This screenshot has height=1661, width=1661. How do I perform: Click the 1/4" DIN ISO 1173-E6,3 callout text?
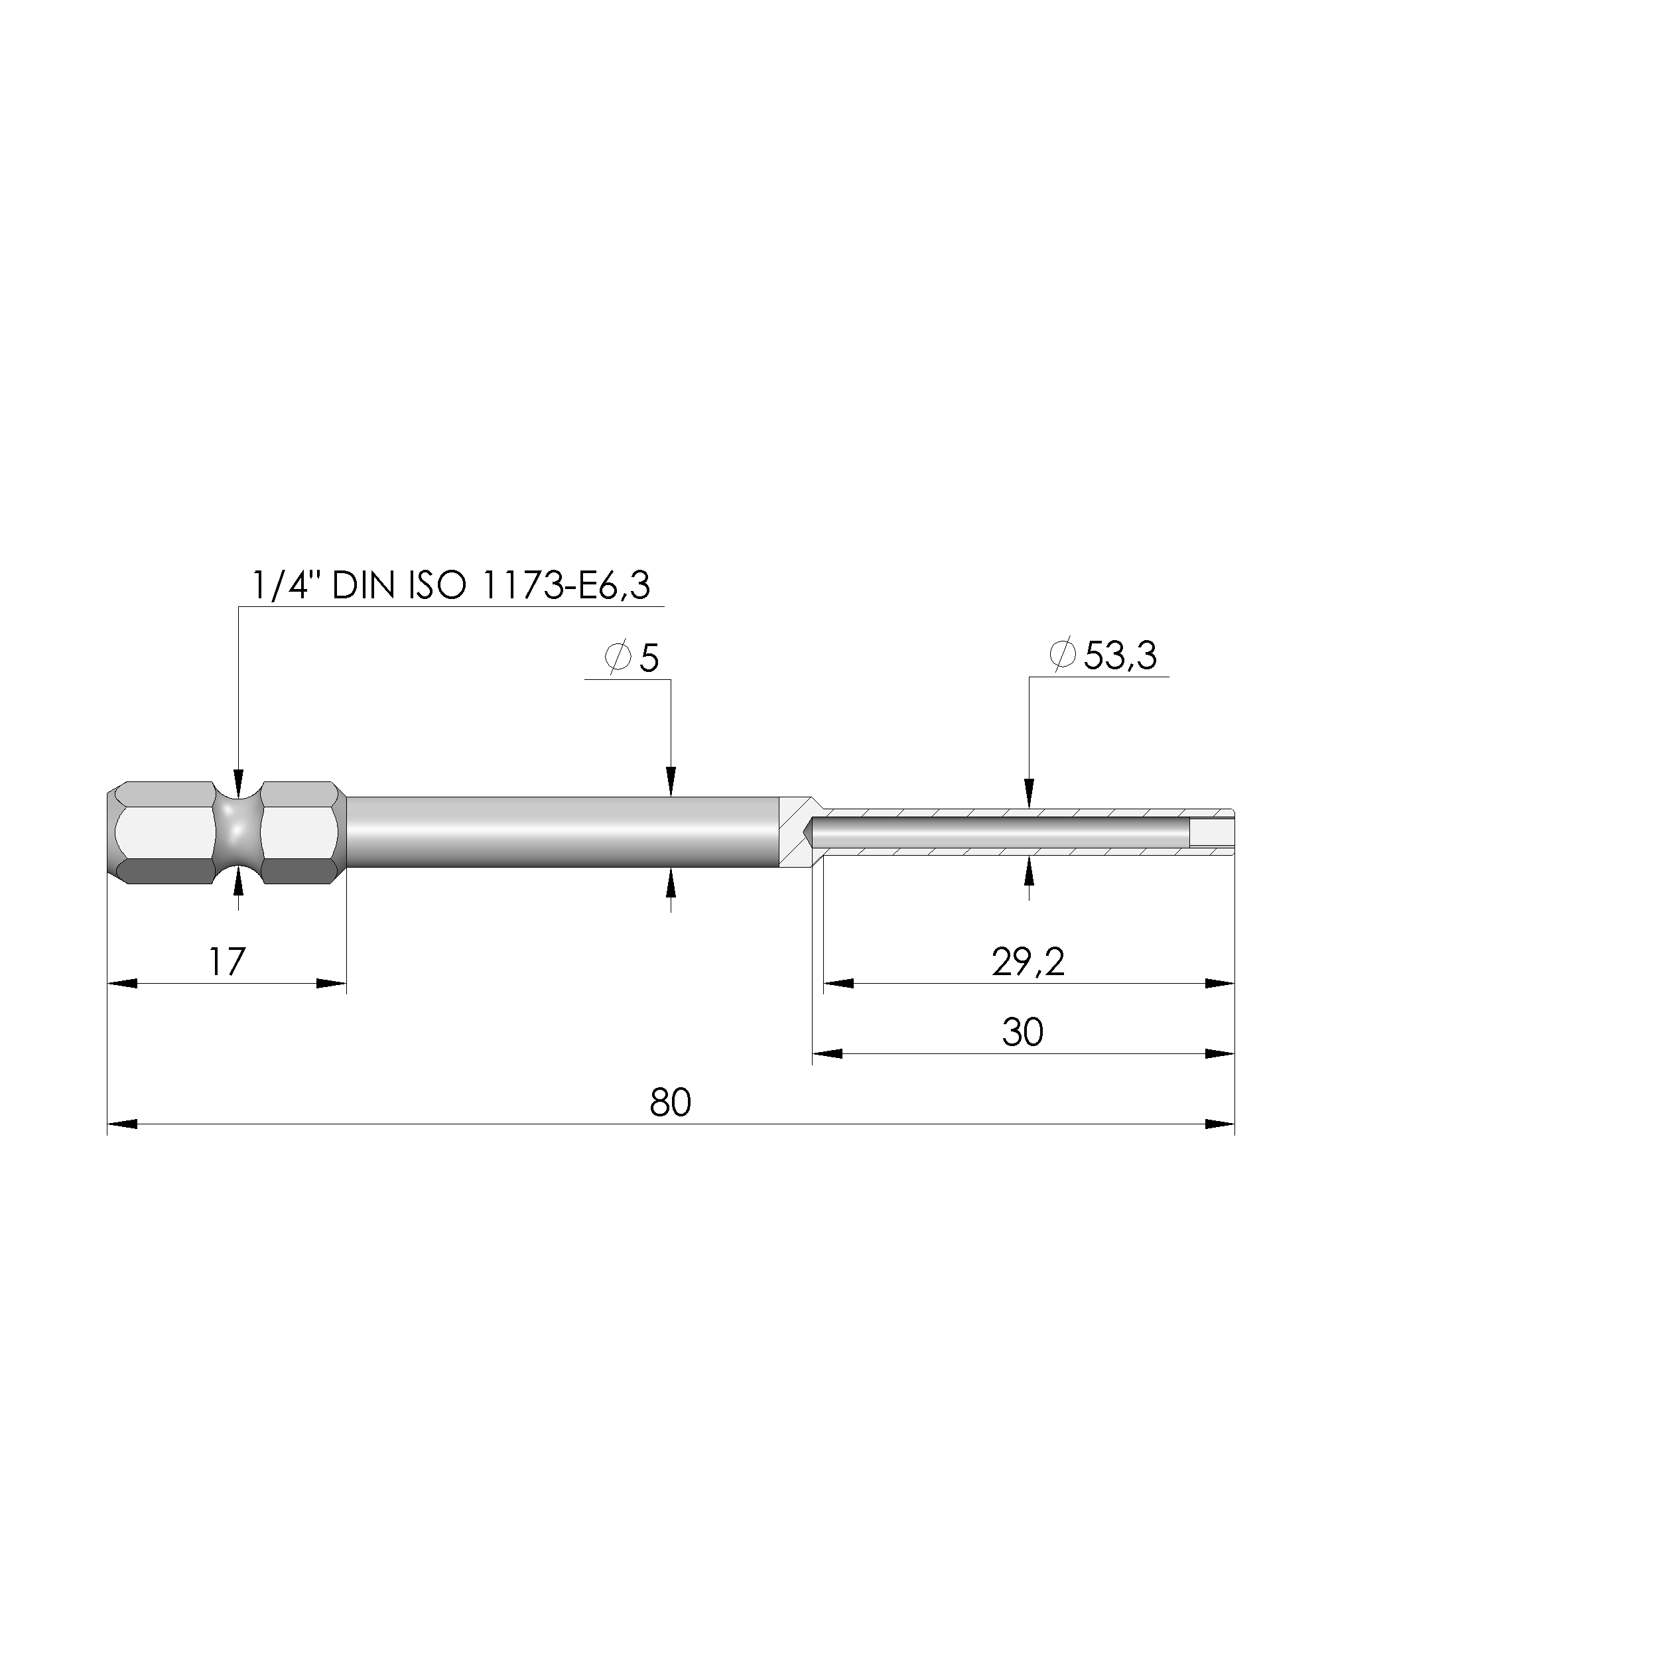tap(450, 586)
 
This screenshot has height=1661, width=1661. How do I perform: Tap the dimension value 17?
tap(227, 961)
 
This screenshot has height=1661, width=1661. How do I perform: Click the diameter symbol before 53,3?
tap(1063, 656)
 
